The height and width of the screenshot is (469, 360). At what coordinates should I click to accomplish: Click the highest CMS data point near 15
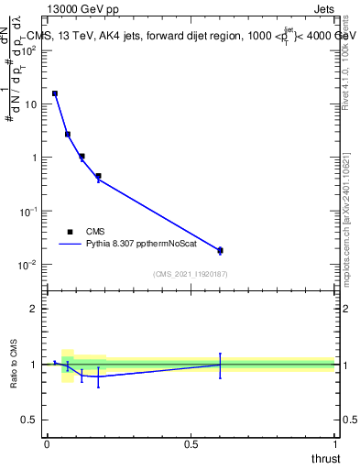[x=55, y=93]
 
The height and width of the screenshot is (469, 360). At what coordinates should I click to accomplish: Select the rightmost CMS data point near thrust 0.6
[x=220, y=250]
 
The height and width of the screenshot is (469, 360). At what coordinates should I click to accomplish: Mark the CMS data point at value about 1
[x=82, y=157]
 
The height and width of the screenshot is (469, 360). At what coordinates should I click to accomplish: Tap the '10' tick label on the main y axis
[x=30, y=104]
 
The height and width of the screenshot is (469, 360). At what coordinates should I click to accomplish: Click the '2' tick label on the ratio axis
[x=33, y=309]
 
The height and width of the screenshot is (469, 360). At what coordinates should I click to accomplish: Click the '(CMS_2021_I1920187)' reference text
[x=190, y=274]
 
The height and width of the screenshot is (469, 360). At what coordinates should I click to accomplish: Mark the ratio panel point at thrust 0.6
[x=220, y=365]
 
